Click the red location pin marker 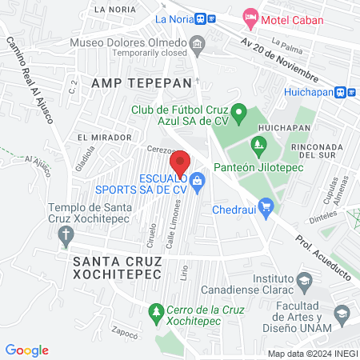coord(180,162)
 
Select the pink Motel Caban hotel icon coord(250,17)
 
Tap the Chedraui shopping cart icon coord(267,206)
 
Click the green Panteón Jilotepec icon coord(258,144)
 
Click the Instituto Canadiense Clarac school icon coord(303,281)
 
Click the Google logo coord(27,350)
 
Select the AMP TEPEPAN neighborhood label coord(142,82)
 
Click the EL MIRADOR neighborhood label coord(100,138)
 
